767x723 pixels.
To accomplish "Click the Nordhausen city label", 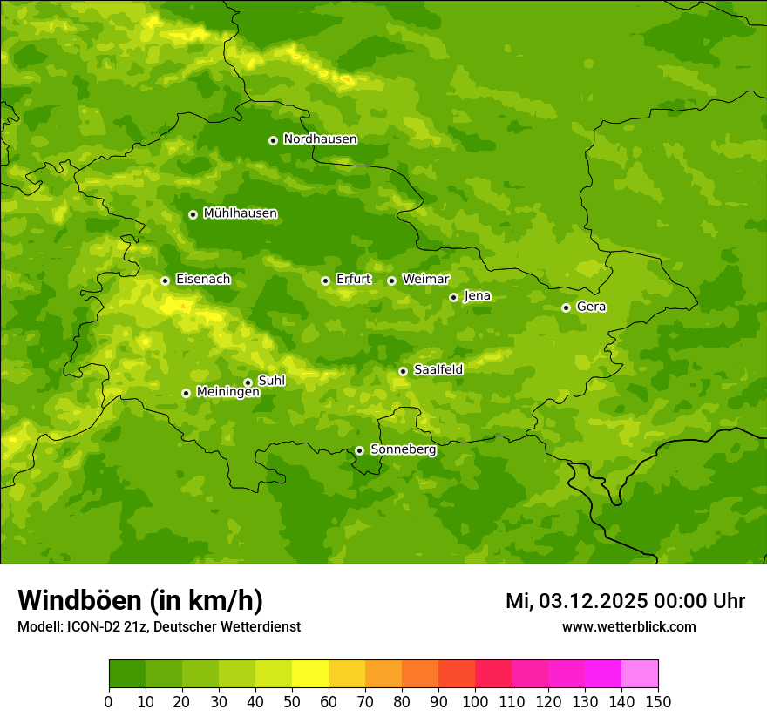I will click(320, 139).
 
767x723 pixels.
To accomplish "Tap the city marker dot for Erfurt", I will click(325, 280).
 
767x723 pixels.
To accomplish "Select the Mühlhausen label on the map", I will click(240, 213).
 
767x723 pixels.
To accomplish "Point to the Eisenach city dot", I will click(165, 280).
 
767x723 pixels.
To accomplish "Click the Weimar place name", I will click(425, 280).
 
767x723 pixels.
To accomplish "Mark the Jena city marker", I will click(453, 297).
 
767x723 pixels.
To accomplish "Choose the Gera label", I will click(591, 307).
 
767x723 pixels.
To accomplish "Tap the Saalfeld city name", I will click(438, 370).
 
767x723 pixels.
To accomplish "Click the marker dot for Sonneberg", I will click(359, 450).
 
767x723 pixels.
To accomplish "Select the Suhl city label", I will click(271, 381).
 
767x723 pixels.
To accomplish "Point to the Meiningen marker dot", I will click(186, 393).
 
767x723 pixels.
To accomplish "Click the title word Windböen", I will click(78, 600).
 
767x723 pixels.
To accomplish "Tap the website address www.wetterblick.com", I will click(628, 626).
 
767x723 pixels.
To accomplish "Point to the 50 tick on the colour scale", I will click(292, 701).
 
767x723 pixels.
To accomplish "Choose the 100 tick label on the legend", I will click(475, 701).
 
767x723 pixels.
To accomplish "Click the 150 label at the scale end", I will click(658, 701).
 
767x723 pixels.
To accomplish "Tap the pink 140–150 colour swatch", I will click(640, 674).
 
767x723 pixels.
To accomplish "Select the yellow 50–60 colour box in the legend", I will click(310, 674).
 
